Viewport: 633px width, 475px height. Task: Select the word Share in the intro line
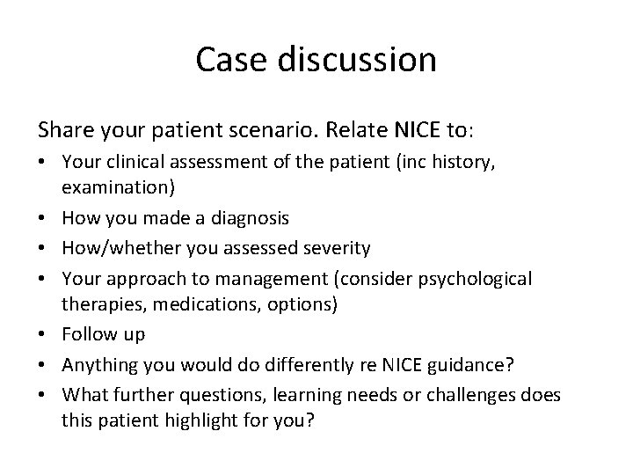tap(64, 130)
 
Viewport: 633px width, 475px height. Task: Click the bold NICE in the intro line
tap(415, 130)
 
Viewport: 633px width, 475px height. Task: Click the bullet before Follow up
tap(43, 334)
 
